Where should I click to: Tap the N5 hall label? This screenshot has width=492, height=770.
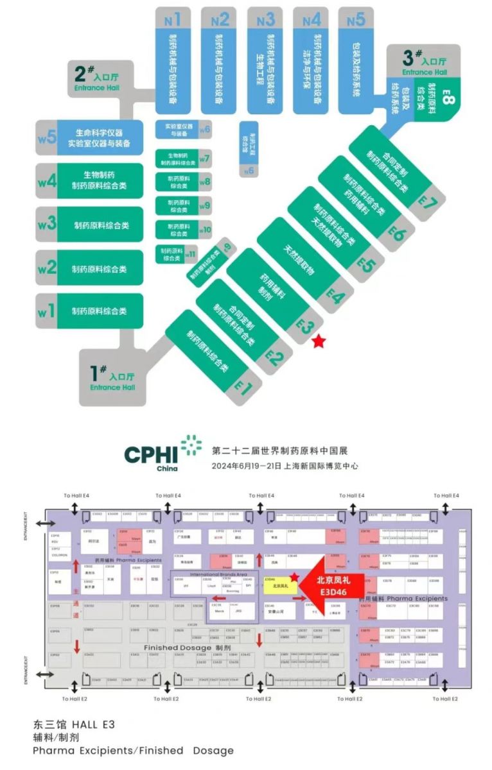[x=356, y=19]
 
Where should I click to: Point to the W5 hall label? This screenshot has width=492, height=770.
[x=47, y=136]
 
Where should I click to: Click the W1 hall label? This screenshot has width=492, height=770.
[x=46, y=312]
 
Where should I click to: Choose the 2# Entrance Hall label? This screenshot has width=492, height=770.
[x=97, y=80]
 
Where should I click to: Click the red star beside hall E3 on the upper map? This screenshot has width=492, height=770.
[x=318, y=342]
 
